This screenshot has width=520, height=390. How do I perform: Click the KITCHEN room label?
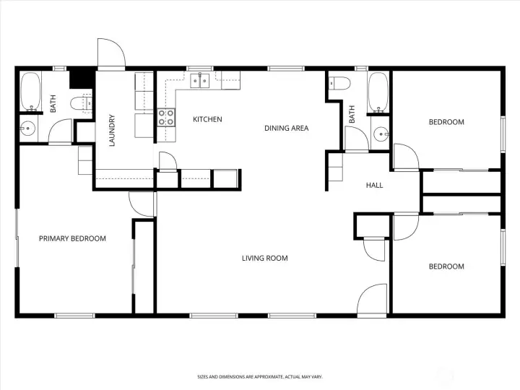point(207,119)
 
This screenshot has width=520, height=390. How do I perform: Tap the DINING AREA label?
point(286,128)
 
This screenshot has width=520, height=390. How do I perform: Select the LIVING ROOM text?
point(264,258)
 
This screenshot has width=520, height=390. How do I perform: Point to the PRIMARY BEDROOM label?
point(72,238)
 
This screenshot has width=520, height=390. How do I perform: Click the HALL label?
point(374,185)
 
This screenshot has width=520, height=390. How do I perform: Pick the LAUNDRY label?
point(112,130)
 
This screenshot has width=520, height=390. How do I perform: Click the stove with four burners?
point(166,118)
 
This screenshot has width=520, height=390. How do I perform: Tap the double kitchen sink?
point(199,81)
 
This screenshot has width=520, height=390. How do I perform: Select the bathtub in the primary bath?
point(31,92)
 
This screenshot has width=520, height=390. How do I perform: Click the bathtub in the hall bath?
point(378,92)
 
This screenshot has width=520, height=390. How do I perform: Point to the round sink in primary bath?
point(27,128)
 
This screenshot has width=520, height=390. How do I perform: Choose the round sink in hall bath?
point(381,134)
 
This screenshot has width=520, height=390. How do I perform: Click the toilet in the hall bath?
point(339,83)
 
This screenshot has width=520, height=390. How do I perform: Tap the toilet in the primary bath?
point(81,103)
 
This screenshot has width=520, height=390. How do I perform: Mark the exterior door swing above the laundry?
point(111,53)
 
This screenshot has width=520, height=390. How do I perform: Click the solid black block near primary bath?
point(82,78)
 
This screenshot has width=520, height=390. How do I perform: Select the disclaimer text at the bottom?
point(260,377)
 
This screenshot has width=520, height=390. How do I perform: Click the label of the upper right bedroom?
point(446,122)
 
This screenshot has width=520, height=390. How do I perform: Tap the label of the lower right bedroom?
point(446,266)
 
